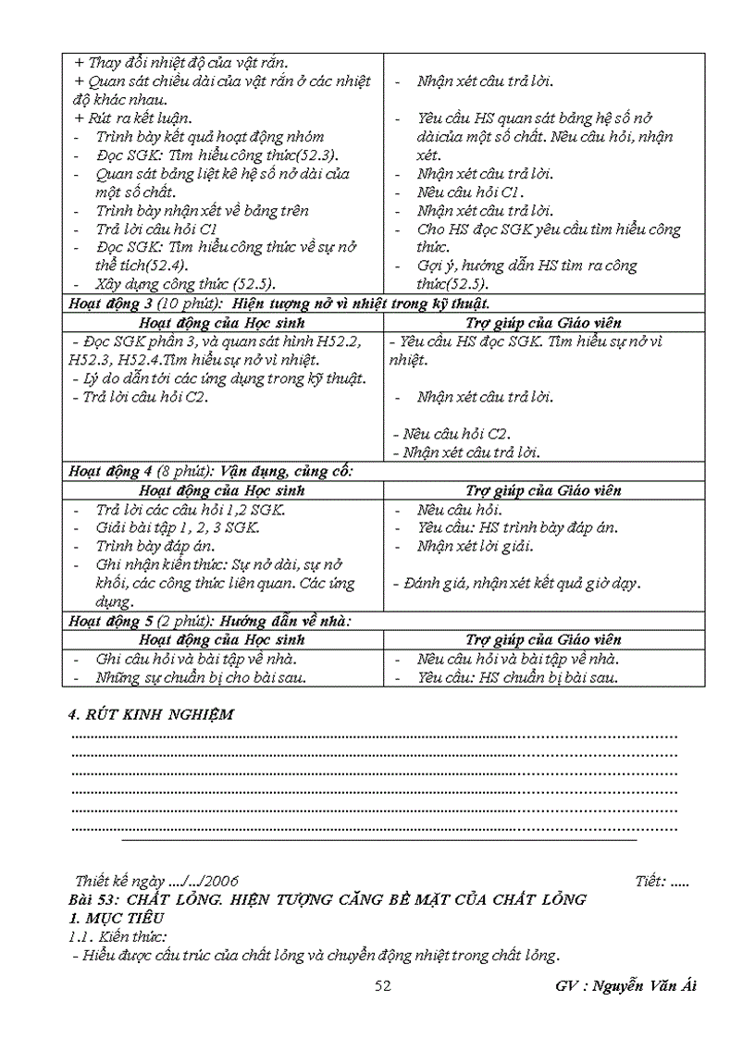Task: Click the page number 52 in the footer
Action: point(383,986)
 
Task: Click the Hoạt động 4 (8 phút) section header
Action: point(212,472)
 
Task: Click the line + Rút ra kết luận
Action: point(133,118)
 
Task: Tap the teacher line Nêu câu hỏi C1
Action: point(470,192)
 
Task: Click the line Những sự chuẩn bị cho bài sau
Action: point(202,676)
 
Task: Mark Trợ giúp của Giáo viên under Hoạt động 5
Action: point(543,639)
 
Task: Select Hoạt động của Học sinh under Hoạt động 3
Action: point(221,323)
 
